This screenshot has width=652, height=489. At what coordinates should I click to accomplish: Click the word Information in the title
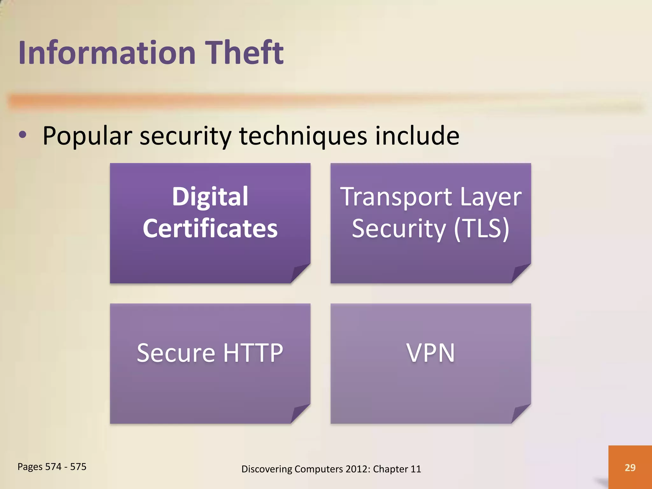107,53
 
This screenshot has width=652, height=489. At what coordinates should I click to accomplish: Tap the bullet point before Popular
23,135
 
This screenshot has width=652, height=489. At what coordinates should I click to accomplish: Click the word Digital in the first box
210,196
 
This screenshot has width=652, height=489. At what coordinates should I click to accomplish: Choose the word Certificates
210,228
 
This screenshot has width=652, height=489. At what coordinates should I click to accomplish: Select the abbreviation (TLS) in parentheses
481,228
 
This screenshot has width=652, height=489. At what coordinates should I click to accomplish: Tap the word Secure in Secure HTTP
176,353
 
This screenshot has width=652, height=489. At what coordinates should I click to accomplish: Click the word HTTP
253,353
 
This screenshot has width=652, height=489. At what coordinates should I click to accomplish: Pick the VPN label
430,353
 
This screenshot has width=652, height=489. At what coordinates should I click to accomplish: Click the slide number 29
630,467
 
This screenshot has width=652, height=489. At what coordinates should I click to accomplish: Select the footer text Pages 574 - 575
52,467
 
